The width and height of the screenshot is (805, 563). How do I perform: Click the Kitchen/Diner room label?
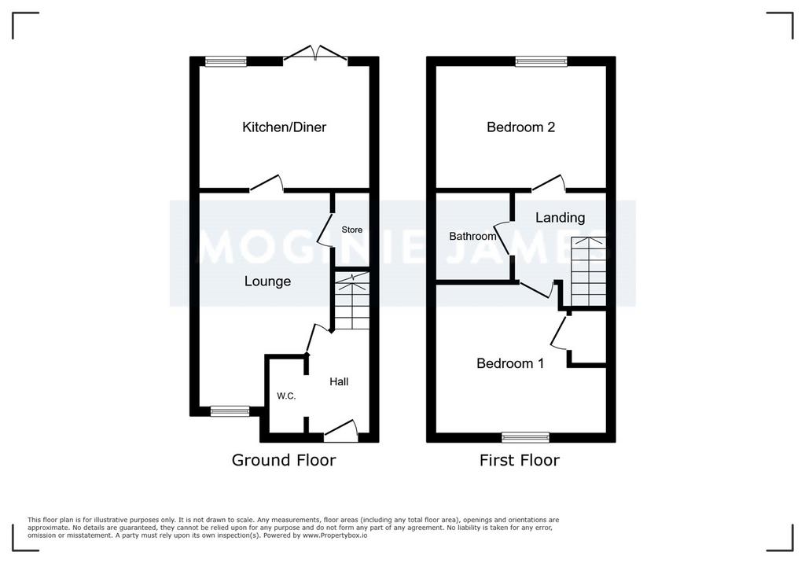284,127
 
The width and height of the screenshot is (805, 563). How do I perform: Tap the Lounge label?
267,281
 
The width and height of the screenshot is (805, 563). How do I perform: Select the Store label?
352,230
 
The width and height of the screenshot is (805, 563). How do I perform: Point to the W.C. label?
286,396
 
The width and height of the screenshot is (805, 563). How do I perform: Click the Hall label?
339,381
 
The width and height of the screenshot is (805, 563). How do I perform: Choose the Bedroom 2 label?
520,127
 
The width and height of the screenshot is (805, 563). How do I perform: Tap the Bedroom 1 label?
510,364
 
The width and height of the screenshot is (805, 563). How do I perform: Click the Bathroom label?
472,237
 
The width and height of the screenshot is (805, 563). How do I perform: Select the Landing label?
560,218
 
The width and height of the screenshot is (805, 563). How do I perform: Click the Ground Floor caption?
284,460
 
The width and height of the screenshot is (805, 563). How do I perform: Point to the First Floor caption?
520,460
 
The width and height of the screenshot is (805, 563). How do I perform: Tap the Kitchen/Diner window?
226,61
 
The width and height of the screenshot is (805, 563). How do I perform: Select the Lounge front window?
230,411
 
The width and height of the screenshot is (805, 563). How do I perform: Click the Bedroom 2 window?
542,61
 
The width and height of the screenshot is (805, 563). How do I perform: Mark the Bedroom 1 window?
526,438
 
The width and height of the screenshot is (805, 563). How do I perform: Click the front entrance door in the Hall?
341,431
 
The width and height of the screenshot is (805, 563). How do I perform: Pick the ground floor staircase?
351,301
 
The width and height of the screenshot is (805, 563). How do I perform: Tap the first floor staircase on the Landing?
588,272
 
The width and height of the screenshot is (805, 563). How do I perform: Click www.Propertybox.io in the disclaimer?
335,535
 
